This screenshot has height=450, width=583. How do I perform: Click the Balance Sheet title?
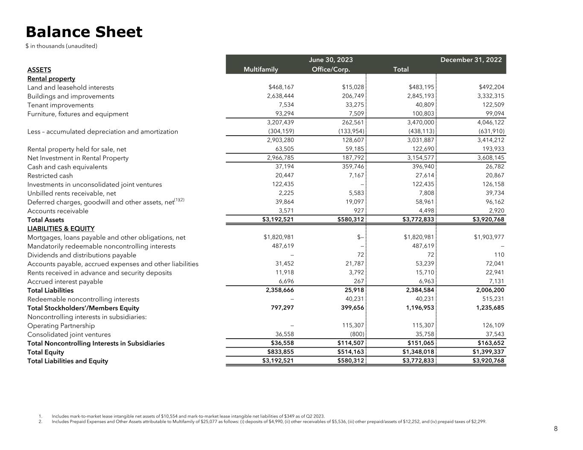84,32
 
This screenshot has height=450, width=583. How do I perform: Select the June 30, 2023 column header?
331,60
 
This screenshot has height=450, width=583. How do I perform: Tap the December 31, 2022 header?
471,60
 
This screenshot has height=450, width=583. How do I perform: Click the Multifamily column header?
261,70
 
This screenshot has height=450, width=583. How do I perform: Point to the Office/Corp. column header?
331,70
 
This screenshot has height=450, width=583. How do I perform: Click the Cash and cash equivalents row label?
67,167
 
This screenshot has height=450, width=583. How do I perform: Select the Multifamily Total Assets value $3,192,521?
278,220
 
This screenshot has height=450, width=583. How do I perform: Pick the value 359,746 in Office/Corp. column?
350,167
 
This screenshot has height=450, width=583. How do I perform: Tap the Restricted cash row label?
50,176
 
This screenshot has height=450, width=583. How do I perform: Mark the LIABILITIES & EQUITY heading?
61,229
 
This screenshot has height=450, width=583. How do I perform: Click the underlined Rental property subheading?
51,79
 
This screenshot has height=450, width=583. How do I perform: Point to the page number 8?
555,429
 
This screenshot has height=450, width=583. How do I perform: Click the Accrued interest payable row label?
65,282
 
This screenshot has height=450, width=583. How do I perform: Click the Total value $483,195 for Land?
421,87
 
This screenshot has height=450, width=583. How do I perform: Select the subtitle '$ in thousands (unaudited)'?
62,46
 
